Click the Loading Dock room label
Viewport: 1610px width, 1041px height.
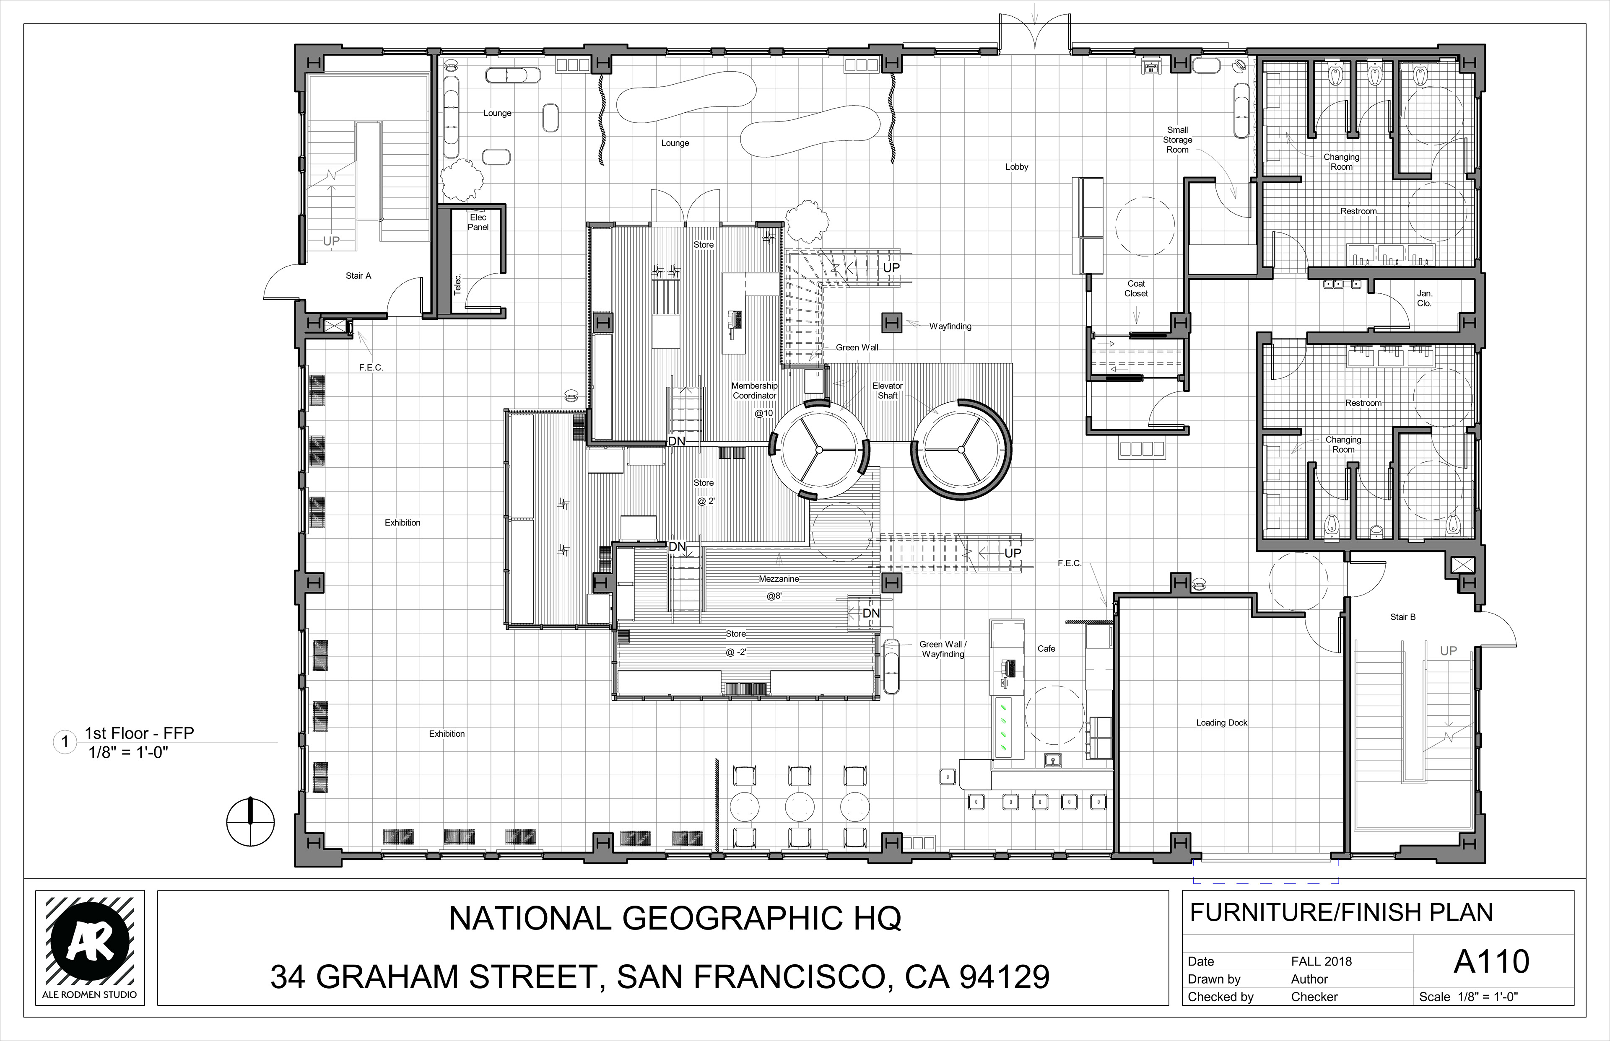coord(1221,722)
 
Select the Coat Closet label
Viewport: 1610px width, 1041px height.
coord(1136,289)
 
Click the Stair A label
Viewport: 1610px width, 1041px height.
coord(358,276)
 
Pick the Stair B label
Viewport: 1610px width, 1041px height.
coord(1402,617)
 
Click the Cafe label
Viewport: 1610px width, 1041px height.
coord(1046,649)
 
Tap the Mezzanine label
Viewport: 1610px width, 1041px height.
coord(779,579)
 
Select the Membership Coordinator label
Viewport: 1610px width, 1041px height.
coord(755,391)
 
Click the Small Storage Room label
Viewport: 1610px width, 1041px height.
coord(1177,140)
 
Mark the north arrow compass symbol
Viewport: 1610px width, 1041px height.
coord(250,822)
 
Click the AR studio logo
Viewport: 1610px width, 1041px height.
coord(90,947)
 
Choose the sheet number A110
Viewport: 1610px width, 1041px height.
coord(1491,962)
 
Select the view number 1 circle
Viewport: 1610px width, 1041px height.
coord(65,742)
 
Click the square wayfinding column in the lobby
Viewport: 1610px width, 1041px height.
coord(891,324)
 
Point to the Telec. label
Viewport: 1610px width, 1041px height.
coord(458,284)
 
